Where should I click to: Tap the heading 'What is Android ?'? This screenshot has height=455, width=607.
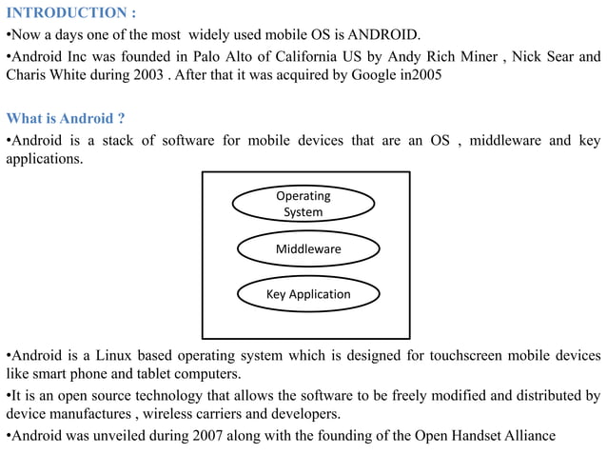(x=66, y=119)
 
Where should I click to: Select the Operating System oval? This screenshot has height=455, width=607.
(x=303, y=204)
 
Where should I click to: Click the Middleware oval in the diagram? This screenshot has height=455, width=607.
(x=307, y=249)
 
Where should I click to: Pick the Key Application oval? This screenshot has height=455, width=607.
(x=308, y=294)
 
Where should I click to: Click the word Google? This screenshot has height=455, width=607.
(x=375, y=76)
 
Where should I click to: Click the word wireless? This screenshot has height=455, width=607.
(x=186, y=415)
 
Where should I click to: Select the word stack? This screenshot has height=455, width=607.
(x=118, y=140)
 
